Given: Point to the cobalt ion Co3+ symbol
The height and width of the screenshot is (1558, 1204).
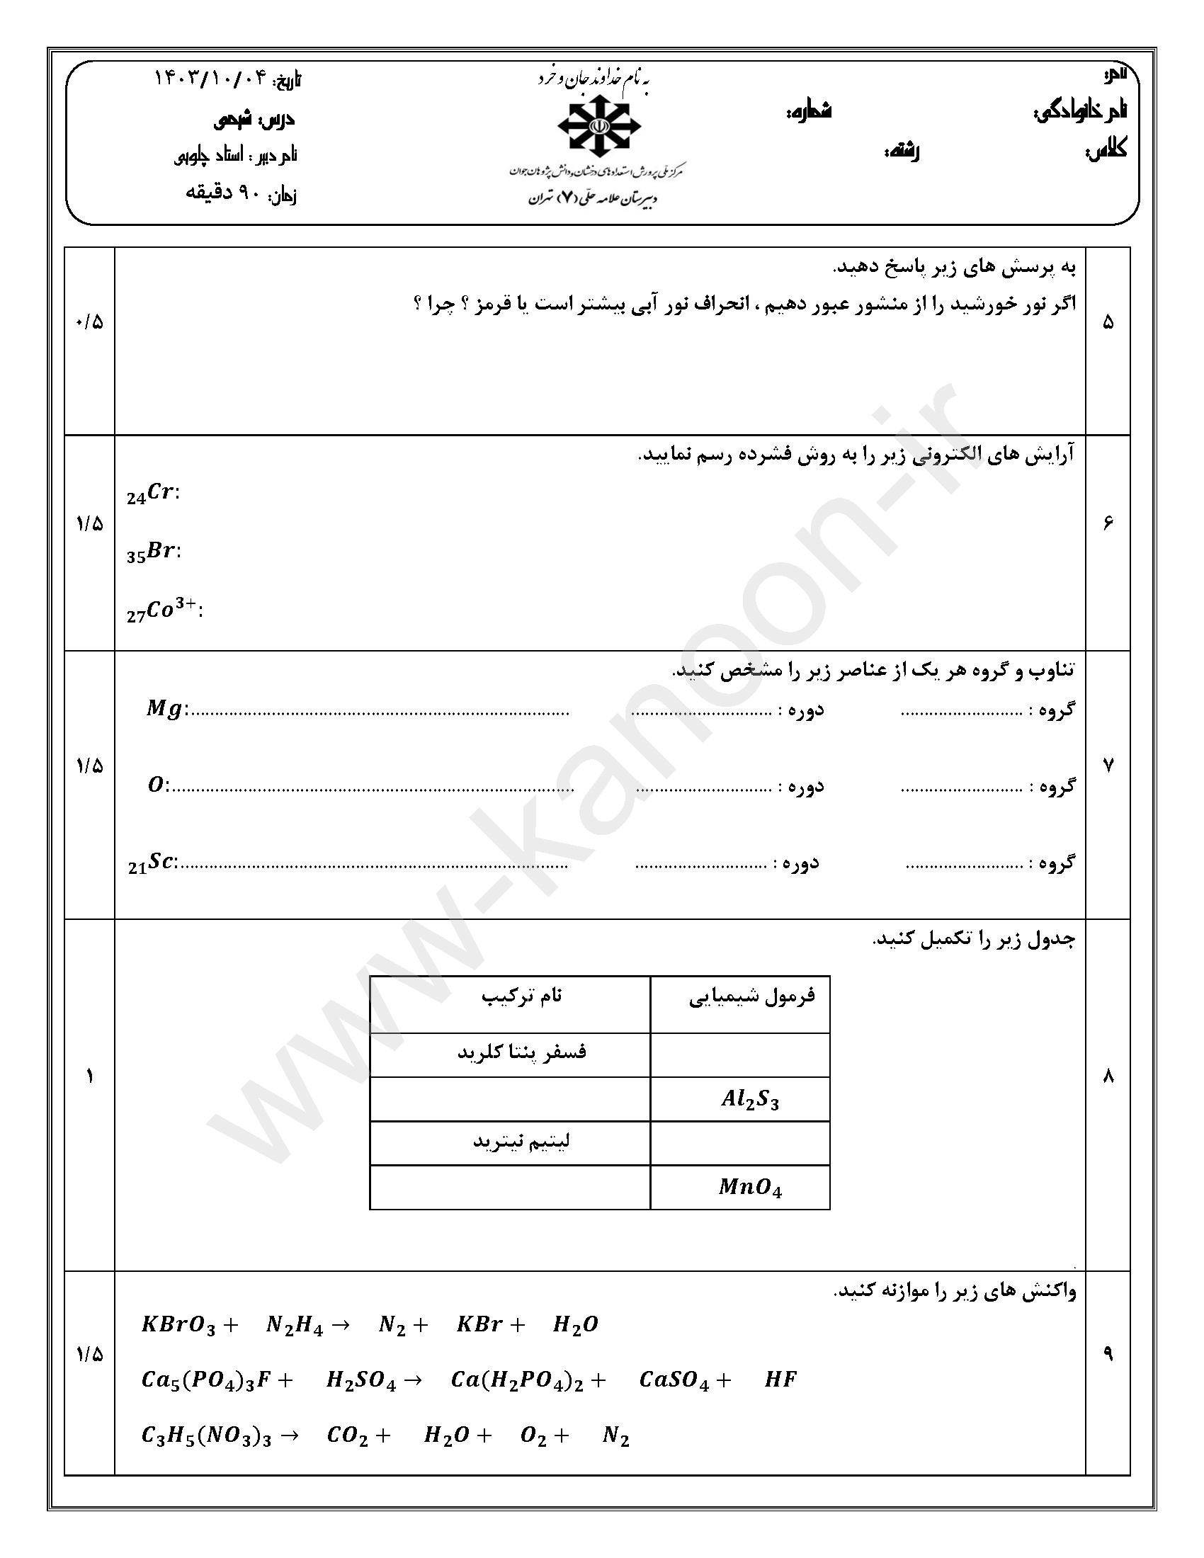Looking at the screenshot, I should (x=164, y=610).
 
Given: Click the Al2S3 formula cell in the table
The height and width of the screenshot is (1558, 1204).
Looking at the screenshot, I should (x=749, y=1099).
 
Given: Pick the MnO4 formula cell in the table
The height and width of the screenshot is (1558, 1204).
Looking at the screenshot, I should (x=749, y=1188).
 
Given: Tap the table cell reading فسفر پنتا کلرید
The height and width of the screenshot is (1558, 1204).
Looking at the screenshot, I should (x=521, y=1052).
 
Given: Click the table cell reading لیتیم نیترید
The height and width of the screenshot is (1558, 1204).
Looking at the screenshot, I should (x=521, y=1142).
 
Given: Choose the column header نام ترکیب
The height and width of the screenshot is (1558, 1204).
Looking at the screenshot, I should (x=521, y=996).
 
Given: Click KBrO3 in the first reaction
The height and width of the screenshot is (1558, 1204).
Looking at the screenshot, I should (x=178, y=1326).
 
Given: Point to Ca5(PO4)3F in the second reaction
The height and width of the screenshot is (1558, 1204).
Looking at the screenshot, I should (x=208, y=1380).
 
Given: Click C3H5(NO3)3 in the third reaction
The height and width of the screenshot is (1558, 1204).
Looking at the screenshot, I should (x=207, y=1435).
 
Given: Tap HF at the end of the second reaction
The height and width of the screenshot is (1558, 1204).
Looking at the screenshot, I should (x=780, y=1380).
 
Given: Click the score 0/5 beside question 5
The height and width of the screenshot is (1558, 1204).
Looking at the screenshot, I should (x=89, y=322).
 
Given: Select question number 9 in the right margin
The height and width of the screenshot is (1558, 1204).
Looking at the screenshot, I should (x=1108, y=1354).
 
